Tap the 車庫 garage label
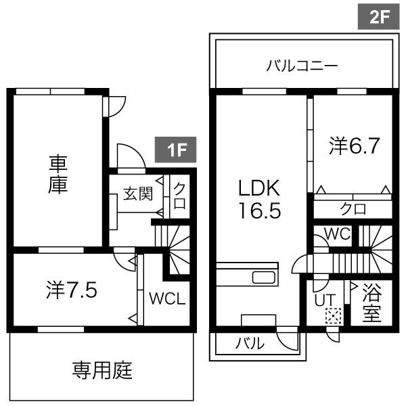[58, 175]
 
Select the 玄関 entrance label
[137, 194]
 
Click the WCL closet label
[167, 298]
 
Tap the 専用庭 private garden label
[101, 370]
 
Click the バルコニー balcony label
[302, 67]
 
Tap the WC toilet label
[336, 233]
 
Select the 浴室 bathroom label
[371, 304]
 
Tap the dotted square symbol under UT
[332, 315]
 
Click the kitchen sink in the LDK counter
[263, 277]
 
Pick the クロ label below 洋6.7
[353, 208]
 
